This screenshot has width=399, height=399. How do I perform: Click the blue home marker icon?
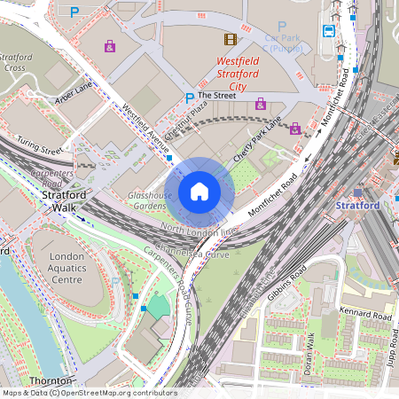[199, 191]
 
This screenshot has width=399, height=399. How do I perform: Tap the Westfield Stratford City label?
[238, 74]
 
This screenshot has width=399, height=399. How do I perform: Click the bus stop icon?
[329, 30]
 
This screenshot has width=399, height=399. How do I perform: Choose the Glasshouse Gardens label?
[147, 199]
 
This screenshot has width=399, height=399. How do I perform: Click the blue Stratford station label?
[358, 205]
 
